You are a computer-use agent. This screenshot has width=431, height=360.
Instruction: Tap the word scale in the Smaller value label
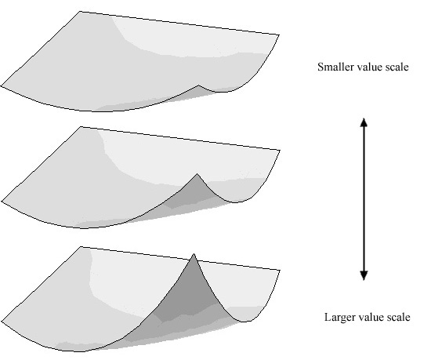pyautogui.click(x=397, y=67)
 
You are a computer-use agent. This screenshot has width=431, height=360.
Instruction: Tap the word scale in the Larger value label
pyautogui.click(x=398, y=317)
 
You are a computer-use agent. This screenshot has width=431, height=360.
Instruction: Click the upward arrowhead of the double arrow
pyautogui.click(x=364, y=122)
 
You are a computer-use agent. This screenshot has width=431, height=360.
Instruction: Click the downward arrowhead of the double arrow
pyautogui.click(x=364, y=275)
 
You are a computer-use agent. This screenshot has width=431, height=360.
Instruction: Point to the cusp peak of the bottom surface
pyautogui.click(x=194, y=254)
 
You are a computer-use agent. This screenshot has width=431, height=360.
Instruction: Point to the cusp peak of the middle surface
pyautogui.click(x=197, y=174)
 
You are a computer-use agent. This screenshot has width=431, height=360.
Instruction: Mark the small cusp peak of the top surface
pyautogui.click(x=199, y=85)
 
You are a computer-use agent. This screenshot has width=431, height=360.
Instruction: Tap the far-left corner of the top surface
pyautogui.click(x=1, y=85)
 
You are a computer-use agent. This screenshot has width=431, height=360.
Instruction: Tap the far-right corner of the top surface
pyautogui.click(x=279, y=35)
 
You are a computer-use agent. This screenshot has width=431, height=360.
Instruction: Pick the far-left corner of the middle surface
pyautogui.click(x=2, y=201)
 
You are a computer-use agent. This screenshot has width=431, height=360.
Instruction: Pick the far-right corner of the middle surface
pyautogui.click(x=280, y=150)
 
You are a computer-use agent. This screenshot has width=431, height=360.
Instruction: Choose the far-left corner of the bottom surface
pyautogui.click(x=2, y=321)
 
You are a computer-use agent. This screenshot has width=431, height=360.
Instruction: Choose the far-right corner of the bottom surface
pyautogui.click(x=280, y=270)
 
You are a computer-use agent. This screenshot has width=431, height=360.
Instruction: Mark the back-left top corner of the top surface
pyautogui.click(x=80, y=11)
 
